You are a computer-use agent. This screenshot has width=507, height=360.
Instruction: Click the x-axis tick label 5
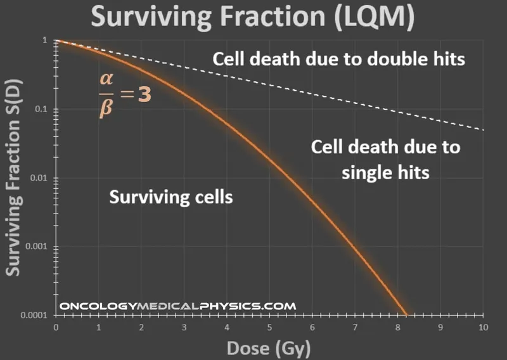coord(269,327)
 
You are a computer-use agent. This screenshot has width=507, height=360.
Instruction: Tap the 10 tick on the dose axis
coord(482,327)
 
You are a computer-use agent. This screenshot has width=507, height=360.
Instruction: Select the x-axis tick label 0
coord(56,327)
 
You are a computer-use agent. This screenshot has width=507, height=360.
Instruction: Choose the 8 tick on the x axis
coord(397,327)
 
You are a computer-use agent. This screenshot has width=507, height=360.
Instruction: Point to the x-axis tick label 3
coord(184,327)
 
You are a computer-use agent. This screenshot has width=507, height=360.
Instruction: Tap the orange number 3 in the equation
coord(144,99)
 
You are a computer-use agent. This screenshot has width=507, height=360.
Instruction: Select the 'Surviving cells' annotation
coord(171,197)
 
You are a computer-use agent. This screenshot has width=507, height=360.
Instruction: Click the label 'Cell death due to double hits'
coord(339,60)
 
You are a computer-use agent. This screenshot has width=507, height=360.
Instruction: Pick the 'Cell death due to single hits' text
coord(385,160)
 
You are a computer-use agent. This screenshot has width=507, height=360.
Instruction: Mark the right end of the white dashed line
coord(482,130)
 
